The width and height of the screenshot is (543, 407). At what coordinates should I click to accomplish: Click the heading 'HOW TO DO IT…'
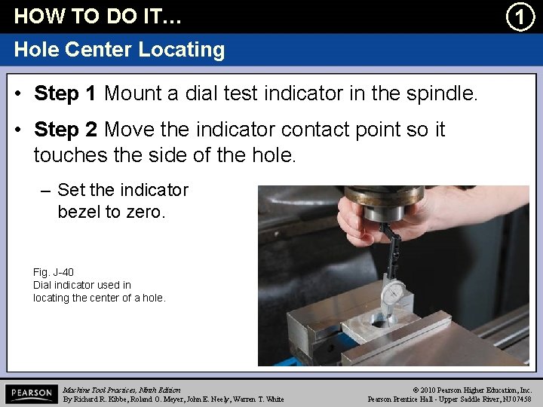[x=98, y=16]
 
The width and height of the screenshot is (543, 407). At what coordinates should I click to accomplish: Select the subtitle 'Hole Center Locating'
[x=119, y=50]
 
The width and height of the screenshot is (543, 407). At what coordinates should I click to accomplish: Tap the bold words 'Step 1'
[x=65, y=94]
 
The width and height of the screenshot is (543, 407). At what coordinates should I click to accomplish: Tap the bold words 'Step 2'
[x=65, y=130]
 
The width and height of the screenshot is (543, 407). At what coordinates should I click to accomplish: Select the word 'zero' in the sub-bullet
[x=143, y=212]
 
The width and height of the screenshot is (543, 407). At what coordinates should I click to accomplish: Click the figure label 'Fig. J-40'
[x=54, y=272]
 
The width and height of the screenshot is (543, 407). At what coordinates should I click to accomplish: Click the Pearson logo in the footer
[x=30, y=393]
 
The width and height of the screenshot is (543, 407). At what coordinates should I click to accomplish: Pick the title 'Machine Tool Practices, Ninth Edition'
[x=121, y=390]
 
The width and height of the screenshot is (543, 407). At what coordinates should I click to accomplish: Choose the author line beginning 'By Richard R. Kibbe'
[x=173, y=399]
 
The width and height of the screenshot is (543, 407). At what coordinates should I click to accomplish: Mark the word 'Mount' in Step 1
[x=130, y=94]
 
